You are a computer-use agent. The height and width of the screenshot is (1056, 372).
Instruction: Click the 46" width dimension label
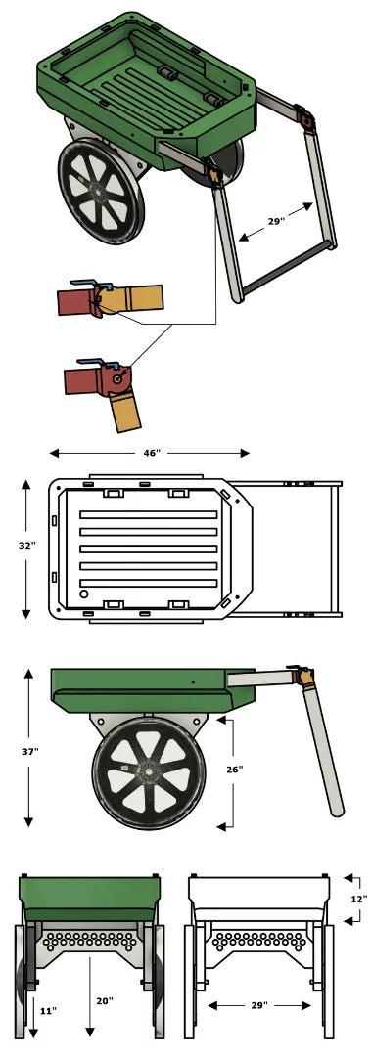(x=150, y=454)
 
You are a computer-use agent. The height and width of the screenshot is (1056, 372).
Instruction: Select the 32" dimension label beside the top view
(x=25, y=546)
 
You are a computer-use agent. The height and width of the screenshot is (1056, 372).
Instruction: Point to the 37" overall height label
(x=30, y=752)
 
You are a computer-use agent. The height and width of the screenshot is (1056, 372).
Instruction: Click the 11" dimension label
(x=46, y=1010)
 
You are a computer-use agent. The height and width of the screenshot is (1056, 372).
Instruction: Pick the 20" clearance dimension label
(x=105, y=1001)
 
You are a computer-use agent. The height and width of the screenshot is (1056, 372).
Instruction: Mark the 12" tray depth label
(x=358, y=898)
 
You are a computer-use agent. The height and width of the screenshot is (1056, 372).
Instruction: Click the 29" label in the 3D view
(x=277, y=222)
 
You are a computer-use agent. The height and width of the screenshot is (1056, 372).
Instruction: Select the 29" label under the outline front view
(x=259, y=1005)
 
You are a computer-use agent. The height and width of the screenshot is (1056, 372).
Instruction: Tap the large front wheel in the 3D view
(x=102, y=190)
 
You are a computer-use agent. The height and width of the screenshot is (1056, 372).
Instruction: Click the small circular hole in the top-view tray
(x=85, y=594)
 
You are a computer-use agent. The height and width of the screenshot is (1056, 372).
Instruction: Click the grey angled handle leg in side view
(x=325, y=753)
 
